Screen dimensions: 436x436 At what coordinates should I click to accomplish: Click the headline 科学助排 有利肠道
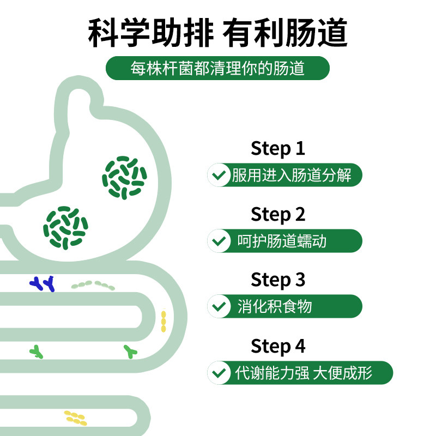[x=218, y=34]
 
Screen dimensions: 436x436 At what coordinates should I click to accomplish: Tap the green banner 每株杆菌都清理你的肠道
[x=218, y=69]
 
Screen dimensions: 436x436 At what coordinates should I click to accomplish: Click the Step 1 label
[x=278, y=148]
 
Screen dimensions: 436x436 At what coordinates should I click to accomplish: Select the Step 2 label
[x=278, y=214]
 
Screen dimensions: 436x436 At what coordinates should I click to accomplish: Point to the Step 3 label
[x=278, y=280]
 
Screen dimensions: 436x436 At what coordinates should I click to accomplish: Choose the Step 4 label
[x=278, y=346]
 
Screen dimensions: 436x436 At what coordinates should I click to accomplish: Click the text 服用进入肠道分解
[x=291, y=175]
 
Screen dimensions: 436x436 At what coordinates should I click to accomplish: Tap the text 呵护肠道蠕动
[x=282, y=241]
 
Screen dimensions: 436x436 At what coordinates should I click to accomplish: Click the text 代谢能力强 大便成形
[x=304, y=373]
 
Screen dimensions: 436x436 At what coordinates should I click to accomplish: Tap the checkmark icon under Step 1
[x=219, y=175]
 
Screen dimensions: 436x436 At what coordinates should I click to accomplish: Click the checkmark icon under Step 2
[x=219, y=241]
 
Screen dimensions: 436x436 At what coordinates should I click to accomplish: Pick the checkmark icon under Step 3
[x=219, y=306]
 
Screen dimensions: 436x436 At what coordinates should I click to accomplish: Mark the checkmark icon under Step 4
[x=219, y=373]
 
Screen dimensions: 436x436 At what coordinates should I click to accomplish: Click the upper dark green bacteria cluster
[x=124, y=177]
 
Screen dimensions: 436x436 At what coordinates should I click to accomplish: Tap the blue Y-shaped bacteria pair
[x=43, y=283]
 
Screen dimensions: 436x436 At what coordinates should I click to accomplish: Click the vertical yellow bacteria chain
[x=163, y=321]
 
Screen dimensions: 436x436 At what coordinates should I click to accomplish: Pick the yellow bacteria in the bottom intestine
[x=75, y=417]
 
